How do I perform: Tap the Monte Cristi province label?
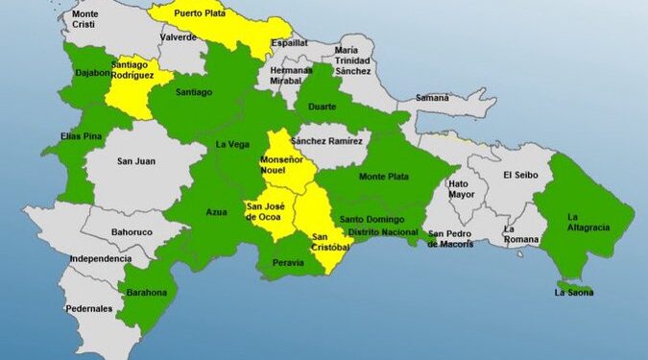(84, 20)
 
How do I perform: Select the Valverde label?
(179, 37)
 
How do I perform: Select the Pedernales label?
(89, 308)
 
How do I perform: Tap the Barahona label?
(142, 292)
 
